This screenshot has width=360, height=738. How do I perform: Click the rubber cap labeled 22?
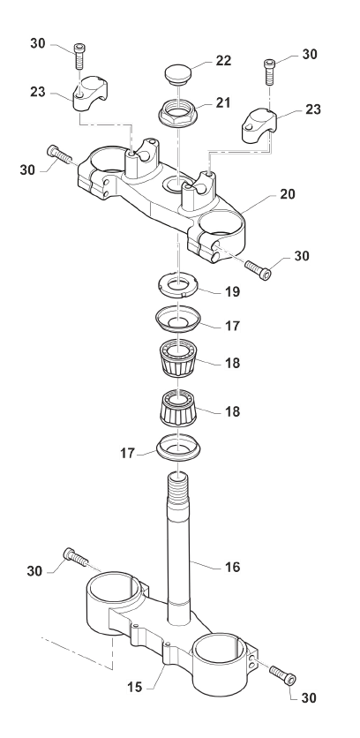pos(177,74)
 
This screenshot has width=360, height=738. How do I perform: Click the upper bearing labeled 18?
pos(178,358)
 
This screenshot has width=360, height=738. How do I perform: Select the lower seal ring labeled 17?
pos(178,448)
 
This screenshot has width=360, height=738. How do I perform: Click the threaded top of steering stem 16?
pos(179,489)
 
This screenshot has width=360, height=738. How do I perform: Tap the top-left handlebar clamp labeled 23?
pos(90,94)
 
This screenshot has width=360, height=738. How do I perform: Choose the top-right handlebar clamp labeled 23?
pos(259,124)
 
